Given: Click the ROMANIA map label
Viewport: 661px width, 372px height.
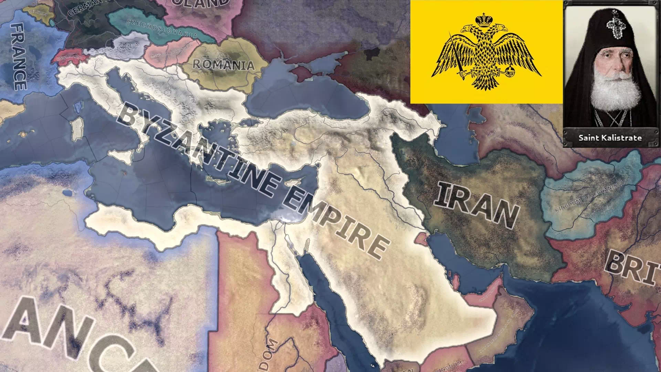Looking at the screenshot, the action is [223, 64].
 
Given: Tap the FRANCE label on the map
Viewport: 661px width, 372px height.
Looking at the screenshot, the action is [18, 57].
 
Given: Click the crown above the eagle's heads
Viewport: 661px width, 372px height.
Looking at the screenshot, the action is [484, 20].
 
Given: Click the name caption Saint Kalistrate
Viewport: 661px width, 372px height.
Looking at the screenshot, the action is [610, 138].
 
